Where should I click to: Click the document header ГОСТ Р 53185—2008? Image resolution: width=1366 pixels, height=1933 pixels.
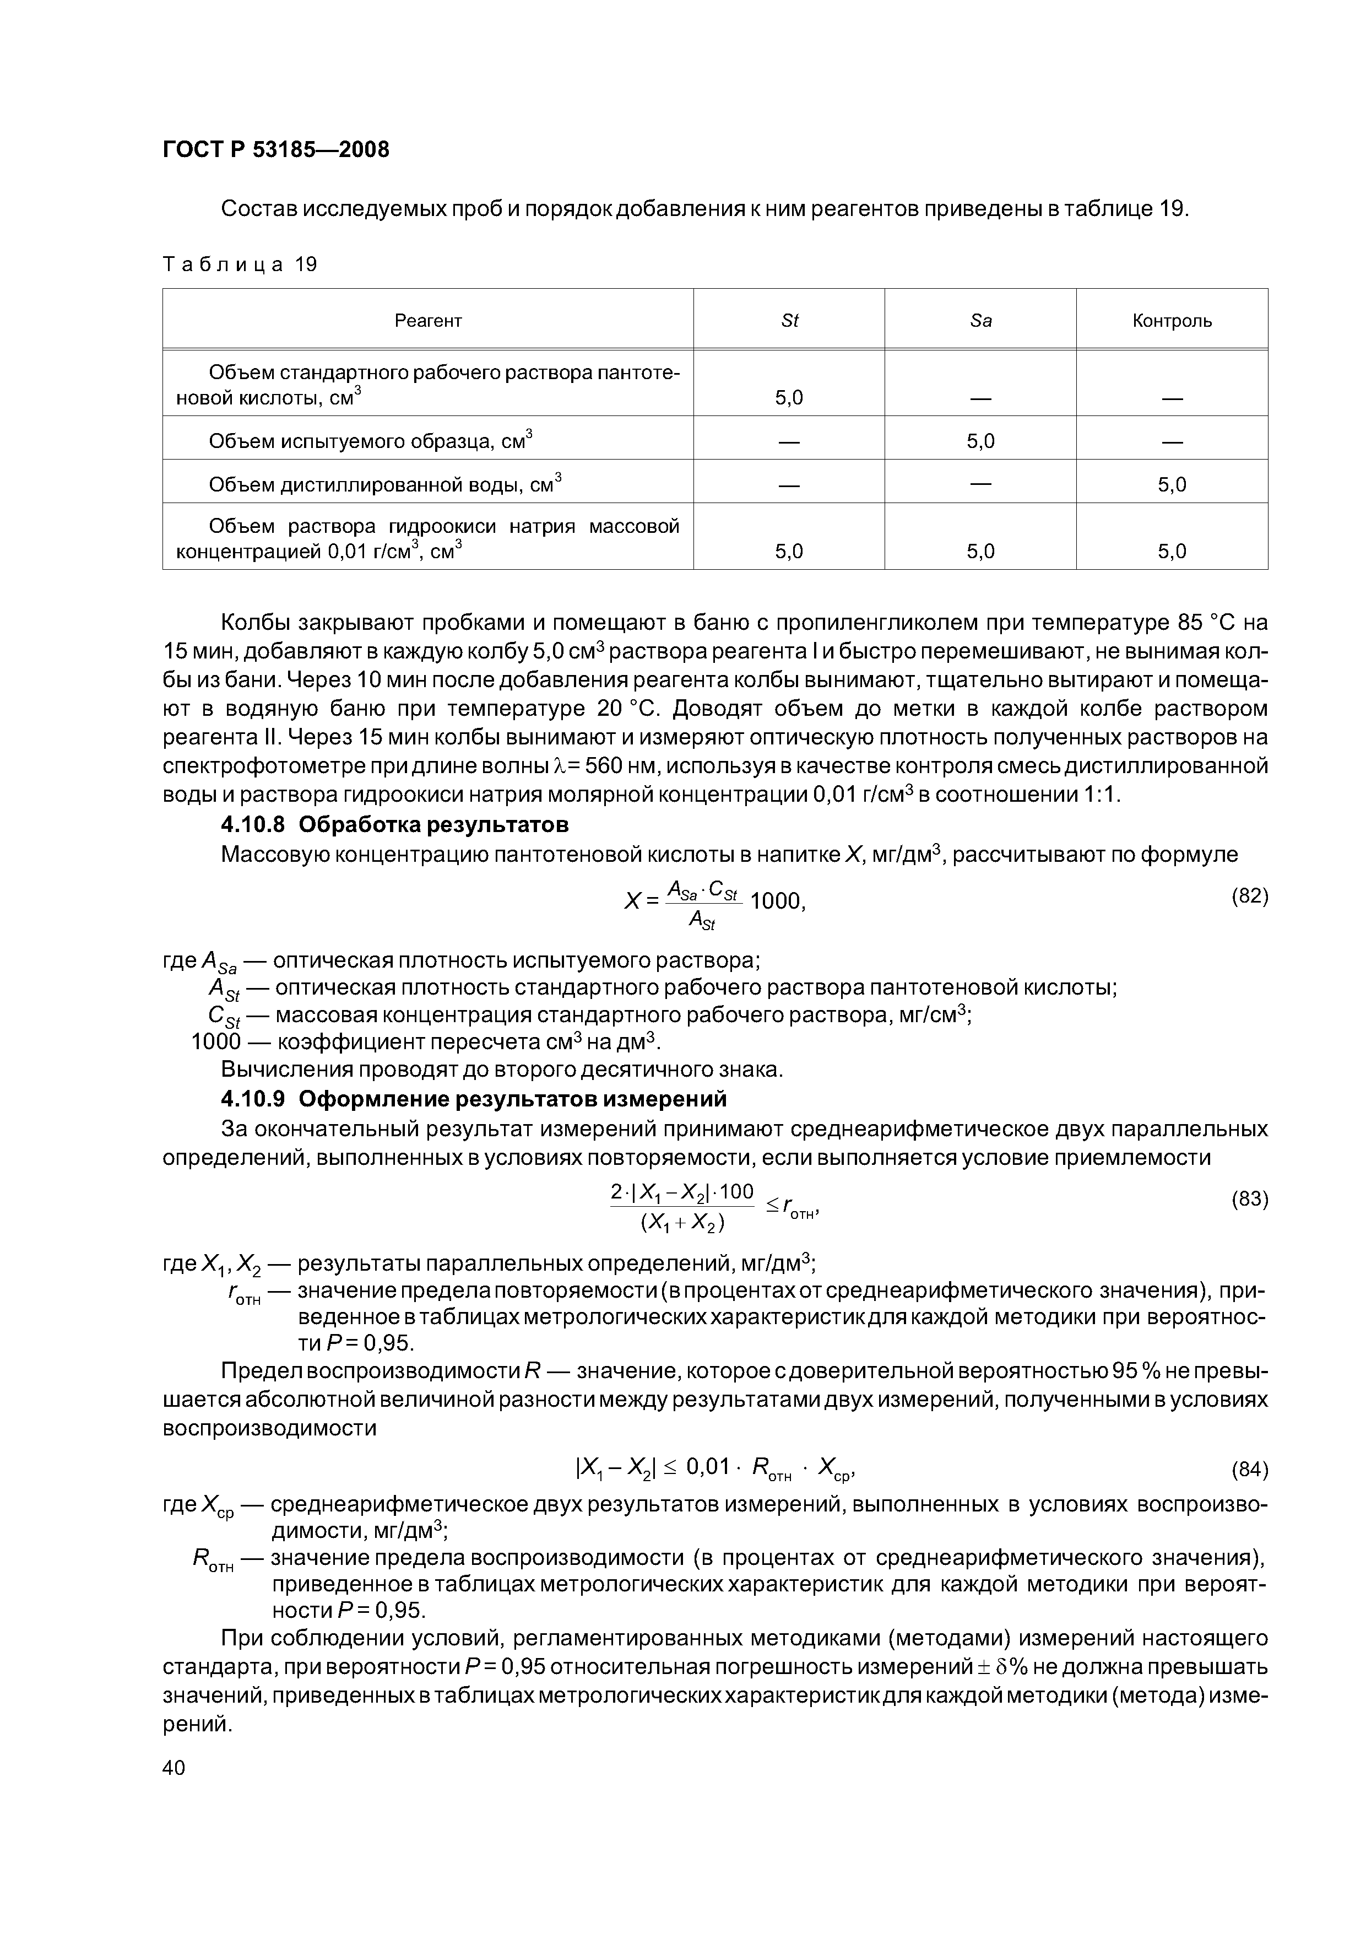(276, 150)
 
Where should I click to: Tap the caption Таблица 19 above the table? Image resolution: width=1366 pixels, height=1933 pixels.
(240, 265)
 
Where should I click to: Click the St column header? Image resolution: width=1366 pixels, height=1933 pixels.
(789, 321)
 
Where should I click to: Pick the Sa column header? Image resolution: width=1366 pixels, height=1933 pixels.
(980, 321)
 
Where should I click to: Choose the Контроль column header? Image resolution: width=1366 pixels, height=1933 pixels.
(1172, 321)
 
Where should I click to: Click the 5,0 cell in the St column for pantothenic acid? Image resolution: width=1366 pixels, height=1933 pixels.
(789, 397)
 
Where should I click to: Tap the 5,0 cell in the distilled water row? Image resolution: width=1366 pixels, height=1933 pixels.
(1172, 485)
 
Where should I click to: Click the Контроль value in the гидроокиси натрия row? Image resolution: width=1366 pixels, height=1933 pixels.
(1172, 552)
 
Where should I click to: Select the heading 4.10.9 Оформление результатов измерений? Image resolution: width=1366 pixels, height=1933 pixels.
(473, 1099)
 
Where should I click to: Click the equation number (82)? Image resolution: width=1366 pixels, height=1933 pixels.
(1249, 896)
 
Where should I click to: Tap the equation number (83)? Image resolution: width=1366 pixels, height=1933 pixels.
(1249, 1199)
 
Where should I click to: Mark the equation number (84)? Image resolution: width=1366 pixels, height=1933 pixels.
(1249, 1471)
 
